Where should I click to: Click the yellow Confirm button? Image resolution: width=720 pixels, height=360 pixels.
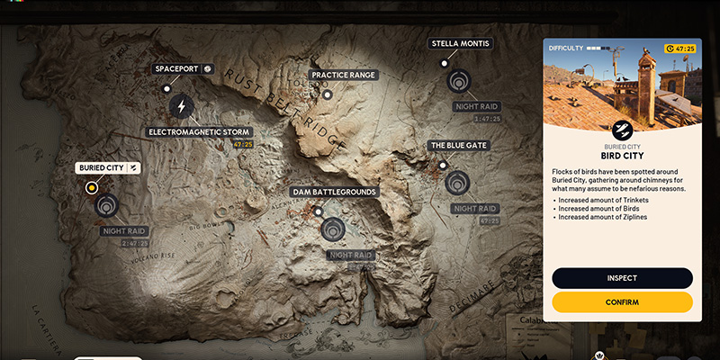point(622,302)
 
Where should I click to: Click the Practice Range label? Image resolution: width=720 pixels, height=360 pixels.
point(343,76)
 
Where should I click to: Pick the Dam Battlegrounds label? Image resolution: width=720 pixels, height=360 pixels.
point(333,192)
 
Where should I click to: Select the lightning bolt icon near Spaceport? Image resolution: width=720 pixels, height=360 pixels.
point(182,106)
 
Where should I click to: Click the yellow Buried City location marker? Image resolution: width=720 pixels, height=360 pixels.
point(91,188)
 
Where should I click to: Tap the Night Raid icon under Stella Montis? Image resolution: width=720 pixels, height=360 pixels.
point(457,81)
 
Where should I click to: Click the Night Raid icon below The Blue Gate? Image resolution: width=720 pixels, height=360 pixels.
point(457,183)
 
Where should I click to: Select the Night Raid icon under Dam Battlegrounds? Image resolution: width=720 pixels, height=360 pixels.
point(333,228)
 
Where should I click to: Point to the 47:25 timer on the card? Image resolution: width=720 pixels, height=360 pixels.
point(681,49)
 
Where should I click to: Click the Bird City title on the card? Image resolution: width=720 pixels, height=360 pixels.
point(622,155)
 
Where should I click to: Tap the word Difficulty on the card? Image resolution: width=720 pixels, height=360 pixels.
point(566,48)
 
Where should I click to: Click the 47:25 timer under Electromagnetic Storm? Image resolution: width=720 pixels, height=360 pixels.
point(242,144)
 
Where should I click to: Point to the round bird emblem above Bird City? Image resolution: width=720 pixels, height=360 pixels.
point(622,129)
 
